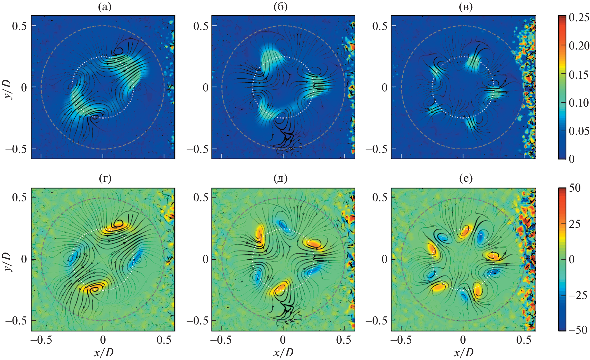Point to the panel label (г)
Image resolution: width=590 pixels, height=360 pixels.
click(x=105, y=178)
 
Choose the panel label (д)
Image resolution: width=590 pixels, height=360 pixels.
click(x=281, y=178)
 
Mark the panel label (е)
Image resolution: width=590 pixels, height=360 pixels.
click(x=466, y=178)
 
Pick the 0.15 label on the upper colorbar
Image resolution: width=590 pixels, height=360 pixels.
click(x=579, y=75)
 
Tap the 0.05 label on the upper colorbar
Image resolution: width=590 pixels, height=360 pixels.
click(x=579, y=131)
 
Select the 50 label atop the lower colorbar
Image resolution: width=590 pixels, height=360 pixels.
click(x=575, y=188)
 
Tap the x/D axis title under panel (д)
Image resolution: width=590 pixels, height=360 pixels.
click(x=283, y=353)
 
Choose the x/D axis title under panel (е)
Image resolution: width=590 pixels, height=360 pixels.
click(x=463, y=353)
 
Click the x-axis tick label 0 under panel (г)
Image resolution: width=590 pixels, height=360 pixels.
click(x=103, y=340)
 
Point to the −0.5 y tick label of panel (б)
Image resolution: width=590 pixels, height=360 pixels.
click(x=197, y=149)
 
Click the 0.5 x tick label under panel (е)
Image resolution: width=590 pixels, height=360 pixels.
click(x=524, y=340)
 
